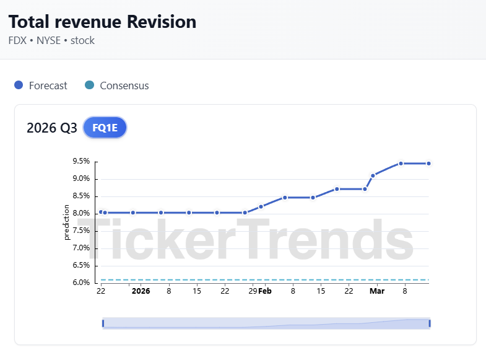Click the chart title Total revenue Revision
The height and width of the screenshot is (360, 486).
point(102,22)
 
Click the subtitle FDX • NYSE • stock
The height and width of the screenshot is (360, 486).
point(51,41)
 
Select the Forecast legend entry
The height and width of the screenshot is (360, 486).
point(48,86)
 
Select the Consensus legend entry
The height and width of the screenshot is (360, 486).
point(124,86)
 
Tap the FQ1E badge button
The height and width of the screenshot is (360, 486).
point(105,128)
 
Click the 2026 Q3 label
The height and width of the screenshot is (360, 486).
point(52,128)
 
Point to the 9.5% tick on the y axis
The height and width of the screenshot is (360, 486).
point(81,161)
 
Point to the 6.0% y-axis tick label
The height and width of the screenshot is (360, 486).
point(81,283)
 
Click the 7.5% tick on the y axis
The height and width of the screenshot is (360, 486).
point(81,230)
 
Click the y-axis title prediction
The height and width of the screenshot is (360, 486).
point(67,222)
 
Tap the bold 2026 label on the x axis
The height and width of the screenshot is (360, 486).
point(141,291)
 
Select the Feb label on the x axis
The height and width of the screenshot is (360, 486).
point(265,291)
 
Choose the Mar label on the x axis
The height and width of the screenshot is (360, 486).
point(376,291)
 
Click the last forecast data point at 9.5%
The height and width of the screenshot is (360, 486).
point(428,164)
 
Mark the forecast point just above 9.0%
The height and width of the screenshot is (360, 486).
point(373,175)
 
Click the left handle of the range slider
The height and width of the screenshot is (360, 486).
point(103,323)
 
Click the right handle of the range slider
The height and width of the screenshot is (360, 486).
point(429,323)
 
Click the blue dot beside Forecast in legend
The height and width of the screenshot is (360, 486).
point(19,86)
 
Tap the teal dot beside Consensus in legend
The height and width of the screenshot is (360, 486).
point(89,86)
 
